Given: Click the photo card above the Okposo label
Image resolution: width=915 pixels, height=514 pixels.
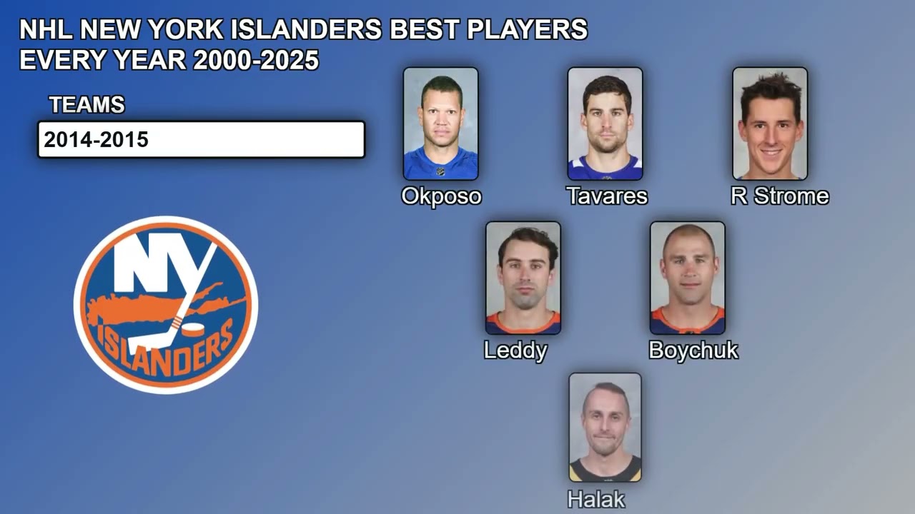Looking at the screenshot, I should coord(440,124).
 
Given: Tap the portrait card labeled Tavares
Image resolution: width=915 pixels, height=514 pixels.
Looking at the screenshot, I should coord(605,124).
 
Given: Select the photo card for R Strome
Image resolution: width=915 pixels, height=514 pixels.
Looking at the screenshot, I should coord(770,124).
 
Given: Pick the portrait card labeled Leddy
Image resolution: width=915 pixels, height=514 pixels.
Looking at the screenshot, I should coord(523,278).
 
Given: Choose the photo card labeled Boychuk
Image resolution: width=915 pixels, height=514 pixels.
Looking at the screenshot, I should coord(688,278).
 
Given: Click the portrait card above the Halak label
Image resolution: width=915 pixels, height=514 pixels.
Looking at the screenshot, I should coord(605,427).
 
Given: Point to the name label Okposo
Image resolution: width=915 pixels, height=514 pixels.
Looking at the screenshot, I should coord(441,196).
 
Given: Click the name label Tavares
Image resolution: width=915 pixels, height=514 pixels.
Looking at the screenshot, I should coord(607,196).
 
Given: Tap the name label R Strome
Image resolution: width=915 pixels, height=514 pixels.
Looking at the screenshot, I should coord(780,196).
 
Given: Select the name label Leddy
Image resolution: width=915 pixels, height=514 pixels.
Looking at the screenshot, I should coord(515,351).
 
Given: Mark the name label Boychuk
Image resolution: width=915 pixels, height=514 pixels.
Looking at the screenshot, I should coord(693,351).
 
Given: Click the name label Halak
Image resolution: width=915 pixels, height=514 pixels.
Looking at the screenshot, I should coord(596,500).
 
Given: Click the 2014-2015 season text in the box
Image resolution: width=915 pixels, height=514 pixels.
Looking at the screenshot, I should coord(97,140).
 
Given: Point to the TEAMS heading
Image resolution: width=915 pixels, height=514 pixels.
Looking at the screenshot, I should coord(87,105).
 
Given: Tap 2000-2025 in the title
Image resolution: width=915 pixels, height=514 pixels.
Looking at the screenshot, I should coord(255,61).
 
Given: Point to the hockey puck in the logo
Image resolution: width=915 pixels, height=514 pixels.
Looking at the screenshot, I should coord(193,330).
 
